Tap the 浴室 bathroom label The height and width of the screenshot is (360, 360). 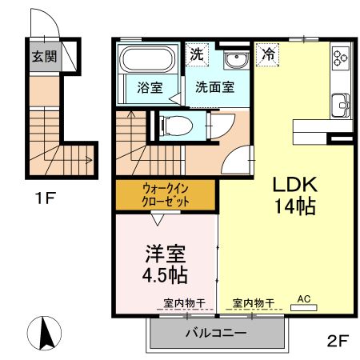150,88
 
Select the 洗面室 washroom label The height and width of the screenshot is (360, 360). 214,88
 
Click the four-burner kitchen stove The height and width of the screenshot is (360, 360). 341,57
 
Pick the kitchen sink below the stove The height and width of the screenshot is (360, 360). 341,105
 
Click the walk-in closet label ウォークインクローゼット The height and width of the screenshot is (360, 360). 166,195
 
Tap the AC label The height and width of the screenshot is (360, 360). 303,299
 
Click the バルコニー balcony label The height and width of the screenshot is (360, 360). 216,334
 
